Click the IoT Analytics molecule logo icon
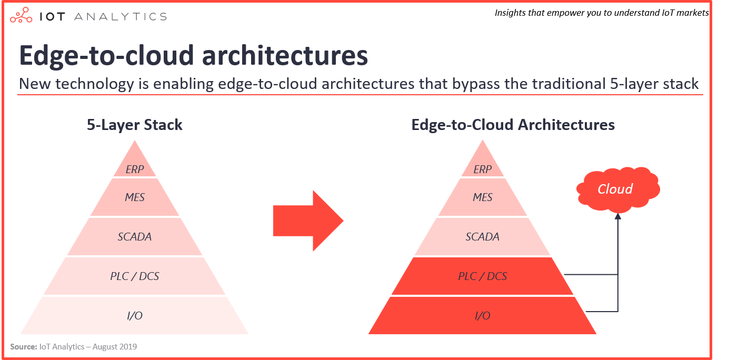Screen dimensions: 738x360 21,15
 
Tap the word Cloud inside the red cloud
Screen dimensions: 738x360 615,189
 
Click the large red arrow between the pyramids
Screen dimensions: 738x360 308,221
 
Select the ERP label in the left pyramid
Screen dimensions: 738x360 135,169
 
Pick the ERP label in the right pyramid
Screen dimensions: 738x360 482,169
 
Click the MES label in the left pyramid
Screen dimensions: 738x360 135,197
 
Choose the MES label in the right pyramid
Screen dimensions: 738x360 482,197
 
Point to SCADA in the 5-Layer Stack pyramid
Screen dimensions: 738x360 135,237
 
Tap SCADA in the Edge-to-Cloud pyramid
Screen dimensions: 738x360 482,237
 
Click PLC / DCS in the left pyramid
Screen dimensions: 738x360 135,276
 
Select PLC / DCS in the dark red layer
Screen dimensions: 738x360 482,276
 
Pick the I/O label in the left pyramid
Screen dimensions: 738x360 135,316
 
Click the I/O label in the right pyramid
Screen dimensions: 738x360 482,316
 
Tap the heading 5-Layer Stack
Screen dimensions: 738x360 134,125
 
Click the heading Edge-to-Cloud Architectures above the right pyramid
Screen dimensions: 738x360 513,125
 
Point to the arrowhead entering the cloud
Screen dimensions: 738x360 618,216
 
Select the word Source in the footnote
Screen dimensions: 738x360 23,346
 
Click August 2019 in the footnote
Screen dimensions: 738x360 115,346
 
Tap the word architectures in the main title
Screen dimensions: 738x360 285,55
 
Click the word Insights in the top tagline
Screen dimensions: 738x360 510,13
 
